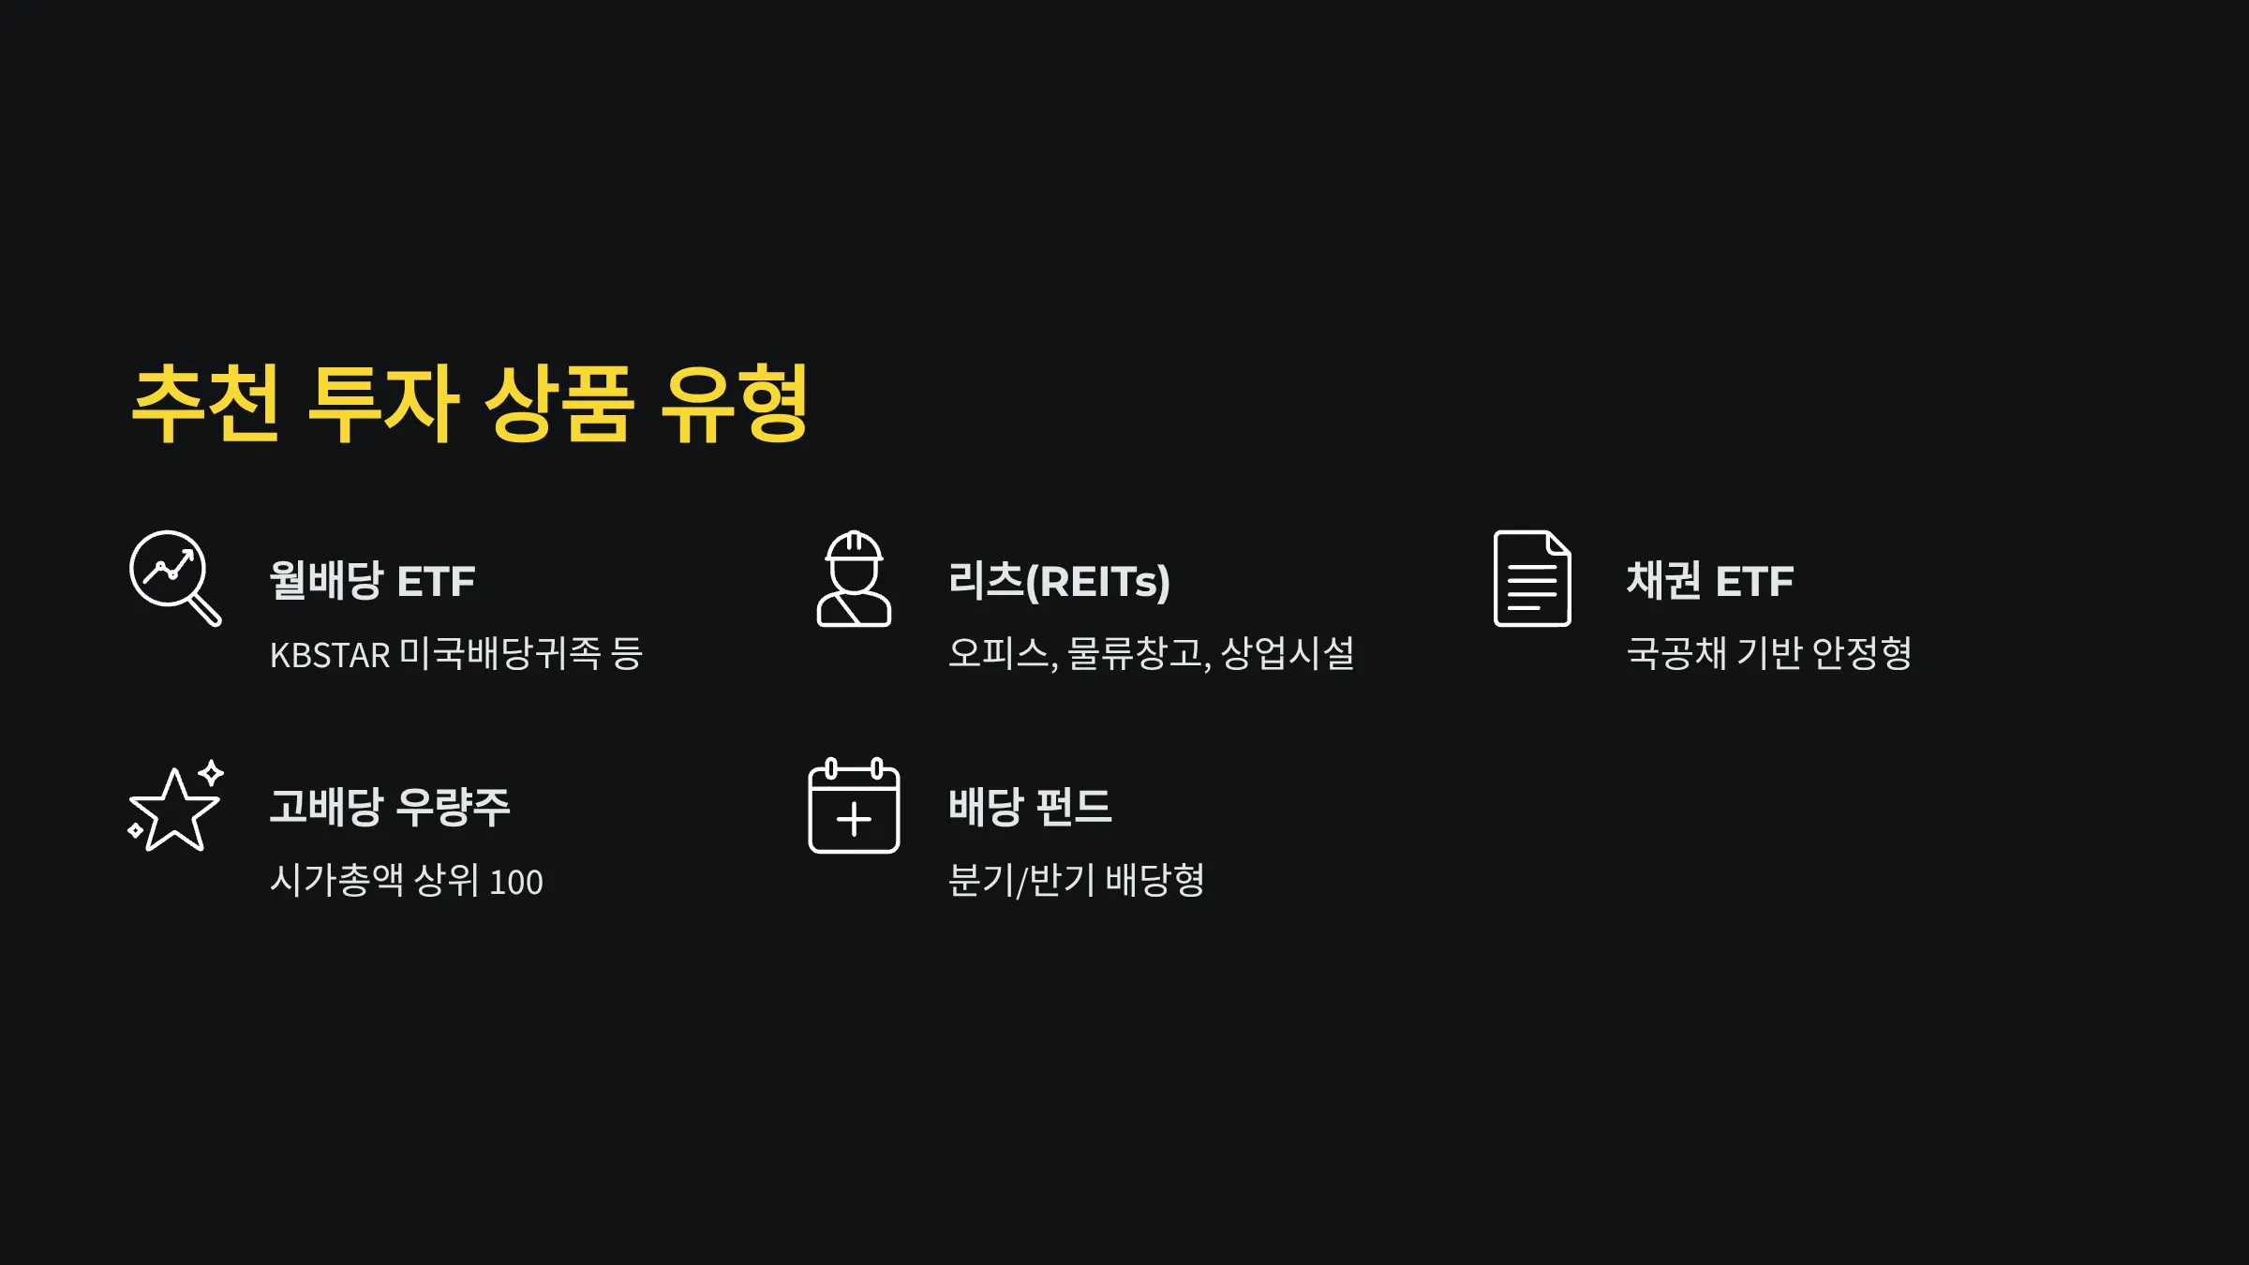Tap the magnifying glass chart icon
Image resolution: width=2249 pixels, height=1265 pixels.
pos(174,577)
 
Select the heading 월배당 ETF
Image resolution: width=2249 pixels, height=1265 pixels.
pos(372,581)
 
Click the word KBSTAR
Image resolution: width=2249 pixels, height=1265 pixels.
pos(329,655)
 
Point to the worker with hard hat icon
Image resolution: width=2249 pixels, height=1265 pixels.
pos(854,578)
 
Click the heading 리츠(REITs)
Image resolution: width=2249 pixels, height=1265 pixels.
pos(1059,581)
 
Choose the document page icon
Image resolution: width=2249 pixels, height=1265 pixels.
pos(1531,578)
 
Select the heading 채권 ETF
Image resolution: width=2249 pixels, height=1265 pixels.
pos(1709,581)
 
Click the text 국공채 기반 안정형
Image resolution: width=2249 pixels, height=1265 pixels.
pos(1768,653)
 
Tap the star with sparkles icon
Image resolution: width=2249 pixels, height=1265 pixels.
pos(175,806)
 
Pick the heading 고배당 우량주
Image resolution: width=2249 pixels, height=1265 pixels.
pos(390,807)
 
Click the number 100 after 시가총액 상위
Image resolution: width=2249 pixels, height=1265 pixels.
pos(516,882)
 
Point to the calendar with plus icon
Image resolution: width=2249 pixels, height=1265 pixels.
pos(854,806)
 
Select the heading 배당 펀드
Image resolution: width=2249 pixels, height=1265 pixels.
pos(1030,807)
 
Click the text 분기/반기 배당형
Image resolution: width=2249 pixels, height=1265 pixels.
pos(1076,880)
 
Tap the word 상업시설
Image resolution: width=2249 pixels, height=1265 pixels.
pos(1288,653)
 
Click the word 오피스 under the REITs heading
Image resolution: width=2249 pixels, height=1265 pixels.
pos(999,653)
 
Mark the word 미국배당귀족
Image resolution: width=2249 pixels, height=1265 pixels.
pos(500,653)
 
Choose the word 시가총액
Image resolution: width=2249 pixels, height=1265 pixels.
pos(336,880)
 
